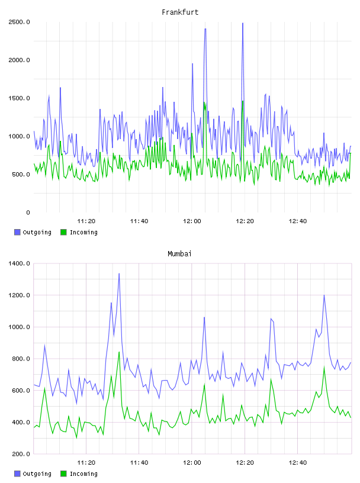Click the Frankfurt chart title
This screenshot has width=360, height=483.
click(x=180, y=12)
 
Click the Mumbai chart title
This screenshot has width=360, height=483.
click(x=179, y=254)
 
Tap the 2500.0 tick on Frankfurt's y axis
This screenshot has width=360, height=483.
click(x=19, y=22)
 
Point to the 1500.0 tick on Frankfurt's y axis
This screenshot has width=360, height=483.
click(x=19, y=98)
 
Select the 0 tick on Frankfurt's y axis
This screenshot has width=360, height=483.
click(x=28, y=212)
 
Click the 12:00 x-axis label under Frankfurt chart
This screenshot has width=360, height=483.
click(x=192, y=221)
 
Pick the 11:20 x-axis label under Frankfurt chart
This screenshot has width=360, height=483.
click(x=86, y=221)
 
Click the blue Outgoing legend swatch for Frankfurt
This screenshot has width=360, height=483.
click(x=17, y=232)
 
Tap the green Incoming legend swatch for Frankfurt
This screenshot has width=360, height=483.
click(x=63, y=232)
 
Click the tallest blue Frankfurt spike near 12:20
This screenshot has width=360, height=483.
click(x=243, y=23)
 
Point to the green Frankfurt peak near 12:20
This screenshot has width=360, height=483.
click(x=243, y=101)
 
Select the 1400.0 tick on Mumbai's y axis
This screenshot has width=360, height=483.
click(x=19, y=263)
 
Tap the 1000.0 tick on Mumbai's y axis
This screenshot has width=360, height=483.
click(x=19, y=327)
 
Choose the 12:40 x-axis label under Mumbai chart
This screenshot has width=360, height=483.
click(x=297, y=463)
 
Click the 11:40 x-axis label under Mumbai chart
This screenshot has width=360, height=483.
click(x=139, y=463)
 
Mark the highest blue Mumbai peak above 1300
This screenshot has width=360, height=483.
click(x=119, y=273)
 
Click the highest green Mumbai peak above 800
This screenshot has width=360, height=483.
click(x=119, y=352)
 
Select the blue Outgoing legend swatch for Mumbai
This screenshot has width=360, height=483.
click(x=17, y=474)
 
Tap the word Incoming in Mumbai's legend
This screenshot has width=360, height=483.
click(x=83, y=474)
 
